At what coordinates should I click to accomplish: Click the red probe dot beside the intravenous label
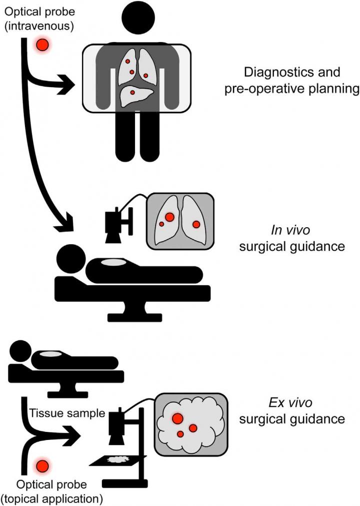pos(42,46)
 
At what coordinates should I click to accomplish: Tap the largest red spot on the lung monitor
pos(169,217)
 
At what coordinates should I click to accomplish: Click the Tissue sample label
pos(67,414)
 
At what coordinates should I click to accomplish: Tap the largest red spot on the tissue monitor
pos(176,418)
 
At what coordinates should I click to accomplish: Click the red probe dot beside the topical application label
pos(42,466)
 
